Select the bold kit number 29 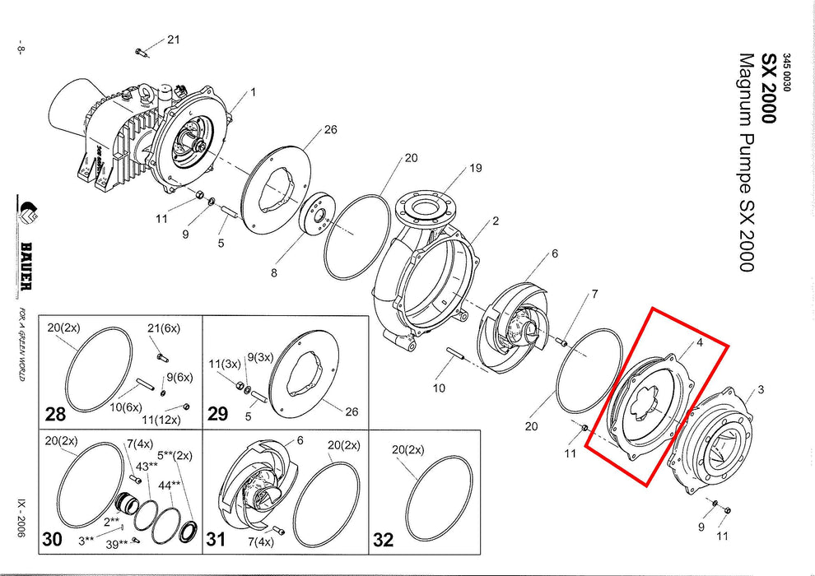[218, 413]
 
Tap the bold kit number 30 [53, 539]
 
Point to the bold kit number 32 [383, 540]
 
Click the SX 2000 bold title [767, 88]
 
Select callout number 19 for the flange [476, 169]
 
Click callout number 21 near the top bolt [173, 39]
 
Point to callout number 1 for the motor [254, 92]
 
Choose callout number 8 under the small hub [275, 272]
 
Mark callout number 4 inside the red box [699, 341]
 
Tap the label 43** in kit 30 [147, 467]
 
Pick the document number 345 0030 [786, 72]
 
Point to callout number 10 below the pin [440, 388]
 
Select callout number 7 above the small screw [594, 294]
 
